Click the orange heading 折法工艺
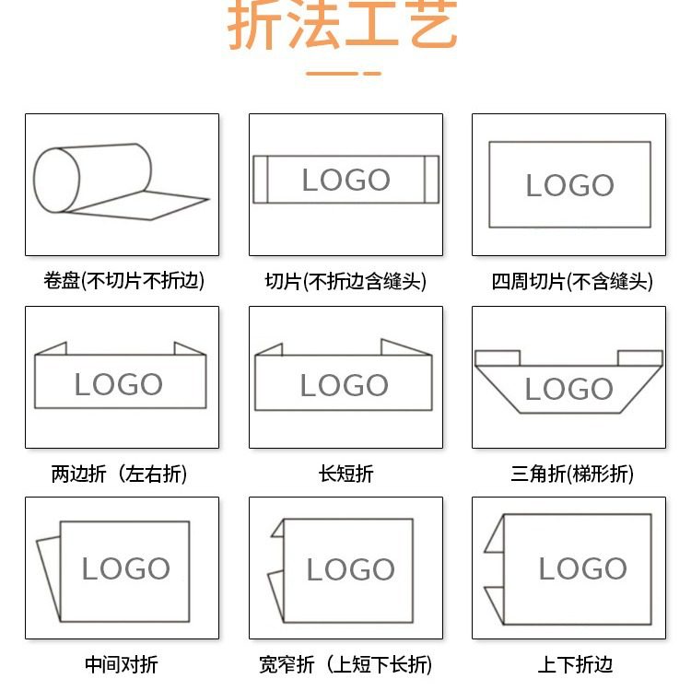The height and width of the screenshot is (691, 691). point(343,26)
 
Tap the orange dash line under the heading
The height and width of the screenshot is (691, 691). point(343,73)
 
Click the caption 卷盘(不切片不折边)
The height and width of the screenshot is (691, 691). point(123,281)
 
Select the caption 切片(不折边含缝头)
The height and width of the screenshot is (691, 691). point(345,281)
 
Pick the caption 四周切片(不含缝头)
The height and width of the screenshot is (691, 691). point(571,281)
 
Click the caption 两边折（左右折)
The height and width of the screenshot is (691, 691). point(119,474)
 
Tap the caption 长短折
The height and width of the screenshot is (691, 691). point(345,474)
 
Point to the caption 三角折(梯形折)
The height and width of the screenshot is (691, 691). point(571,474)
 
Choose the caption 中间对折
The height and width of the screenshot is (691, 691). point(121,664)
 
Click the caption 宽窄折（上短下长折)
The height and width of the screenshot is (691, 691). point(345,664)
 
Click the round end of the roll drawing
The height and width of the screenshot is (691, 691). point(57,182)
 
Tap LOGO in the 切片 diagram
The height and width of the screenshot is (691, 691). point(345,180)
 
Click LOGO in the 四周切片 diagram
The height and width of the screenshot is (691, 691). point(569,185)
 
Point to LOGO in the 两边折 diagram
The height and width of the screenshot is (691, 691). point(118,384)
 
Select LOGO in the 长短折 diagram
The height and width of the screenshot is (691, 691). point(344,384)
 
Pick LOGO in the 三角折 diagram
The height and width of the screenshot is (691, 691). point(568,389)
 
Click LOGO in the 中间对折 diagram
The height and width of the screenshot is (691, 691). point(125,568)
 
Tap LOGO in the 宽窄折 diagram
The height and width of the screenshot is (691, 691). point(350,569)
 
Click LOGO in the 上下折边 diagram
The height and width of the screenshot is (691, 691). point(582,568)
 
